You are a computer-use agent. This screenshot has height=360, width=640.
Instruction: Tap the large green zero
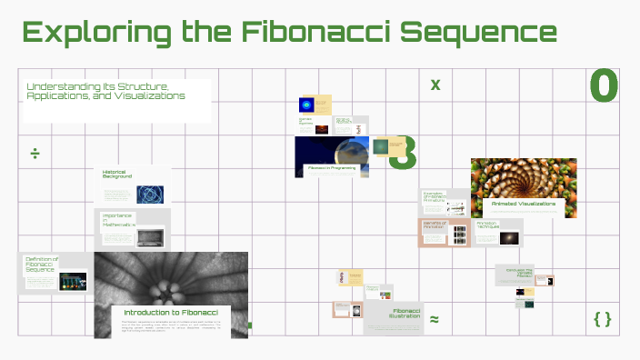[604, 86]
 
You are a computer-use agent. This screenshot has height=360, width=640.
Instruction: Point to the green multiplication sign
[435, 85]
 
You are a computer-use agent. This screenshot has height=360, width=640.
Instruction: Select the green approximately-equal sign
[434, 319]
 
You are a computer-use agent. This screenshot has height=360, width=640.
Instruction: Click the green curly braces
[602, 318]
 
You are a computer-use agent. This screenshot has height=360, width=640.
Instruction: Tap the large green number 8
[404, 154]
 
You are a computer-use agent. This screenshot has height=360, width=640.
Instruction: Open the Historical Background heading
[117, 174]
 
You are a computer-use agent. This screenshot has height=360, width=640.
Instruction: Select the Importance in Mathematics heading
[119, 219]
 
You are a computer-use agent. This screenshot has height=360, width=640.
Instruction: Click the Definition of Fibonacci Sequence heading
[42, 265]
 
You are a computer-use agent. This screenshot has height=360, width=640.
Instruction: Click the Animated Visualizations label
[523, 204]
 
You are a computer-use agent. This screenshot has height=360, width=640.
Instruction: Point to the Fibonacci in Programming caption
[332, 168]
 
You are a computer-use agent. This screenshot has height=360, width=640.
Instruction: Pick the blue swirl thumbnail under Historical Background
[150, 194]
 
